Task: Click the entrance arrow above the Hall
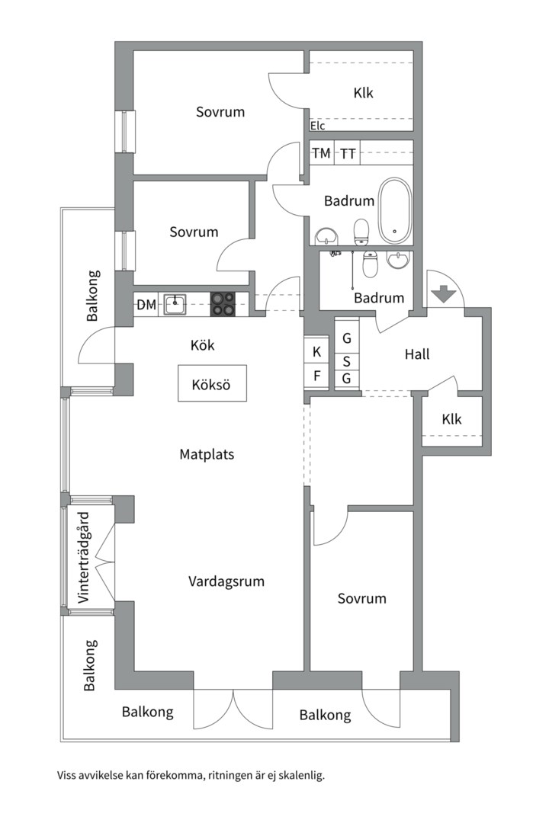pyautogui.click(x=445, y=294)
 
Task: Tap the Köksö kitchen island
pyautogui.click(x=212, y=383)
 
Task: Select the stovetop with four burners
pyautogui.click(x=223, y=304)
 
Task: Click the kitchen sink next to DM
pyautogui.click(x=175, y=304)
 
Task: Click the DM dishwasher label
pyautogui.click(x=146, y=305)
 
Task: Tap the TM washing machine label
pyautogui.click(x=321, y=152)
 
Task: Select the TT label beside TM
pyautogui.click(x=348, y=154)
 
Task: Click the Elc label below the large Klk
pyautogui.click(x=318, y=126)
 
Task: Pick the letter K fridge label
pyautogui.click(x=316, y=351)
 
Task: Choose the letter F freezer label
pyautogui.click(x=316, y=376)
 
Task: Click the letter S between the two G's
pyautogui.click(x=347, y=362)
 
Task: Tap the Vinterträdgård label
pyautogui.click(x=84, y=557)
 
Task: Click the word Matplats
pyautogui.click(x=207, y=454)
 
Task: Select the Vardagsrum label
pyautogui.click(x=226, y=581)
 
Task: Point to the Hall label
pyautogui.click(x=417, y=354)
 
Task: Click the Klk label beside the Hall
pyautogui.click(x=452, y=419)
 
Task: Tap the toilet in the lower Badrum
pyautogui.click(x=371, y=264)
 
